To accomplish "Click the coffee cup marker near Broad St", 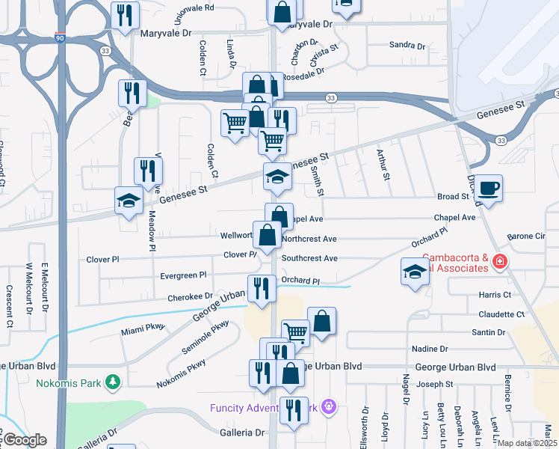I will coord(489,188).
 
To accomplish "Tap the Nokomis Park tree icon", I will coord(113,382).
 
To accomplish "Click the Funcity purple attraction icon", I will coord(327,407).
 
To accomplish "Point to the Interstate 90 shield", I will coord(59,37).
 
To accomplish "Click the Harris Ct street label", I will coord(495,295).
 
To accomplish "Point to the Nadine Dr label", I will coord(430,349).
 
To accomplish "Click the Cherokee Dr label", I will coord(187,297).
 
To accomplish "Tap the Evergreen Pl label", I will coord(183,275).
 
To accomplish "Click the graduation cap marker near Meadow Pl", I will coord(129,200).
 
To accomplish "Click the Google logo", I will coord(25,440).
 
